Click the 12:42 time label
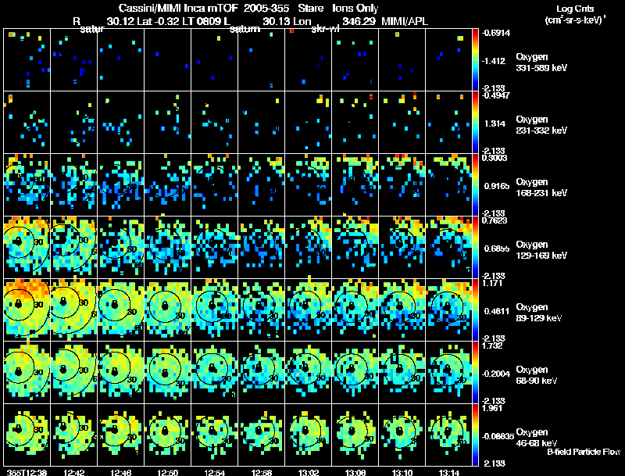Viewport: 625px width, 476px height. click(75, 472)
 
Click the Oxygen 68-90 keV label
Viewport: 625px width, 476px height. click(537, 374)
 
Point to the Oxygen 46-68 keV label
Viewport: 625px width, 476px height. click(537, 436)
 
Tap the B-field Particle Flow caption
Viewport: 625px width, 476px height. click(584, 452)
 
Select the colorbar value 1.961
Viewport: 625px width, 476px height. click(492, 408)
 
